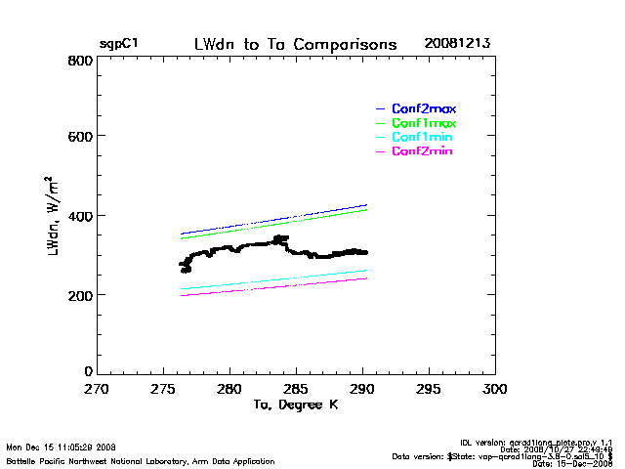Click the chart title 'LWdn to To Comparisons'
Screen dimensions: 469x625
coord(295,45)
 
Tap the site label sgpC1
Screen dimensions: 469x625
coord(118,45)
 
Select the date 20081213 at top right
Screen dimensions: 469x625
coord(457,45)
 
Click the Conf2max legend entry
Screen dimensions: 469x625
coord(424,108)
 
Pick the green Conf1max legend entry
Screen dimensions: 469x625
coord(424,123)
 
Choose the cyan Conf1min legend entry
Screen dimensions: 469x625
coord(424,138)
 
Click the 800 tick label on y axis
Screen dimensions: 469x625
coord(80,61)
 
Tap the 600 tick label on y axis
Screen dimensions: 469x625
coord(80,138)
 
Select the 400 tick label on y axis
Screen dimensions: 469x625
coord(80,216)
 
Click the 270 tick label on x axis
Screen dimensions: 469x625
coord(96,388)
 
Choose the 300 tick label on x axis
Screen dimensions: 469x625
coord(496,388)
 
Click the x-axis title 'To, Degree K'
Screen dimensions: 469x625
coord(295,405)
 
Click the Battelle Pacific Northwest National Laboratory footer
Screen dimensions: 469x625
coord(141,461)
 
